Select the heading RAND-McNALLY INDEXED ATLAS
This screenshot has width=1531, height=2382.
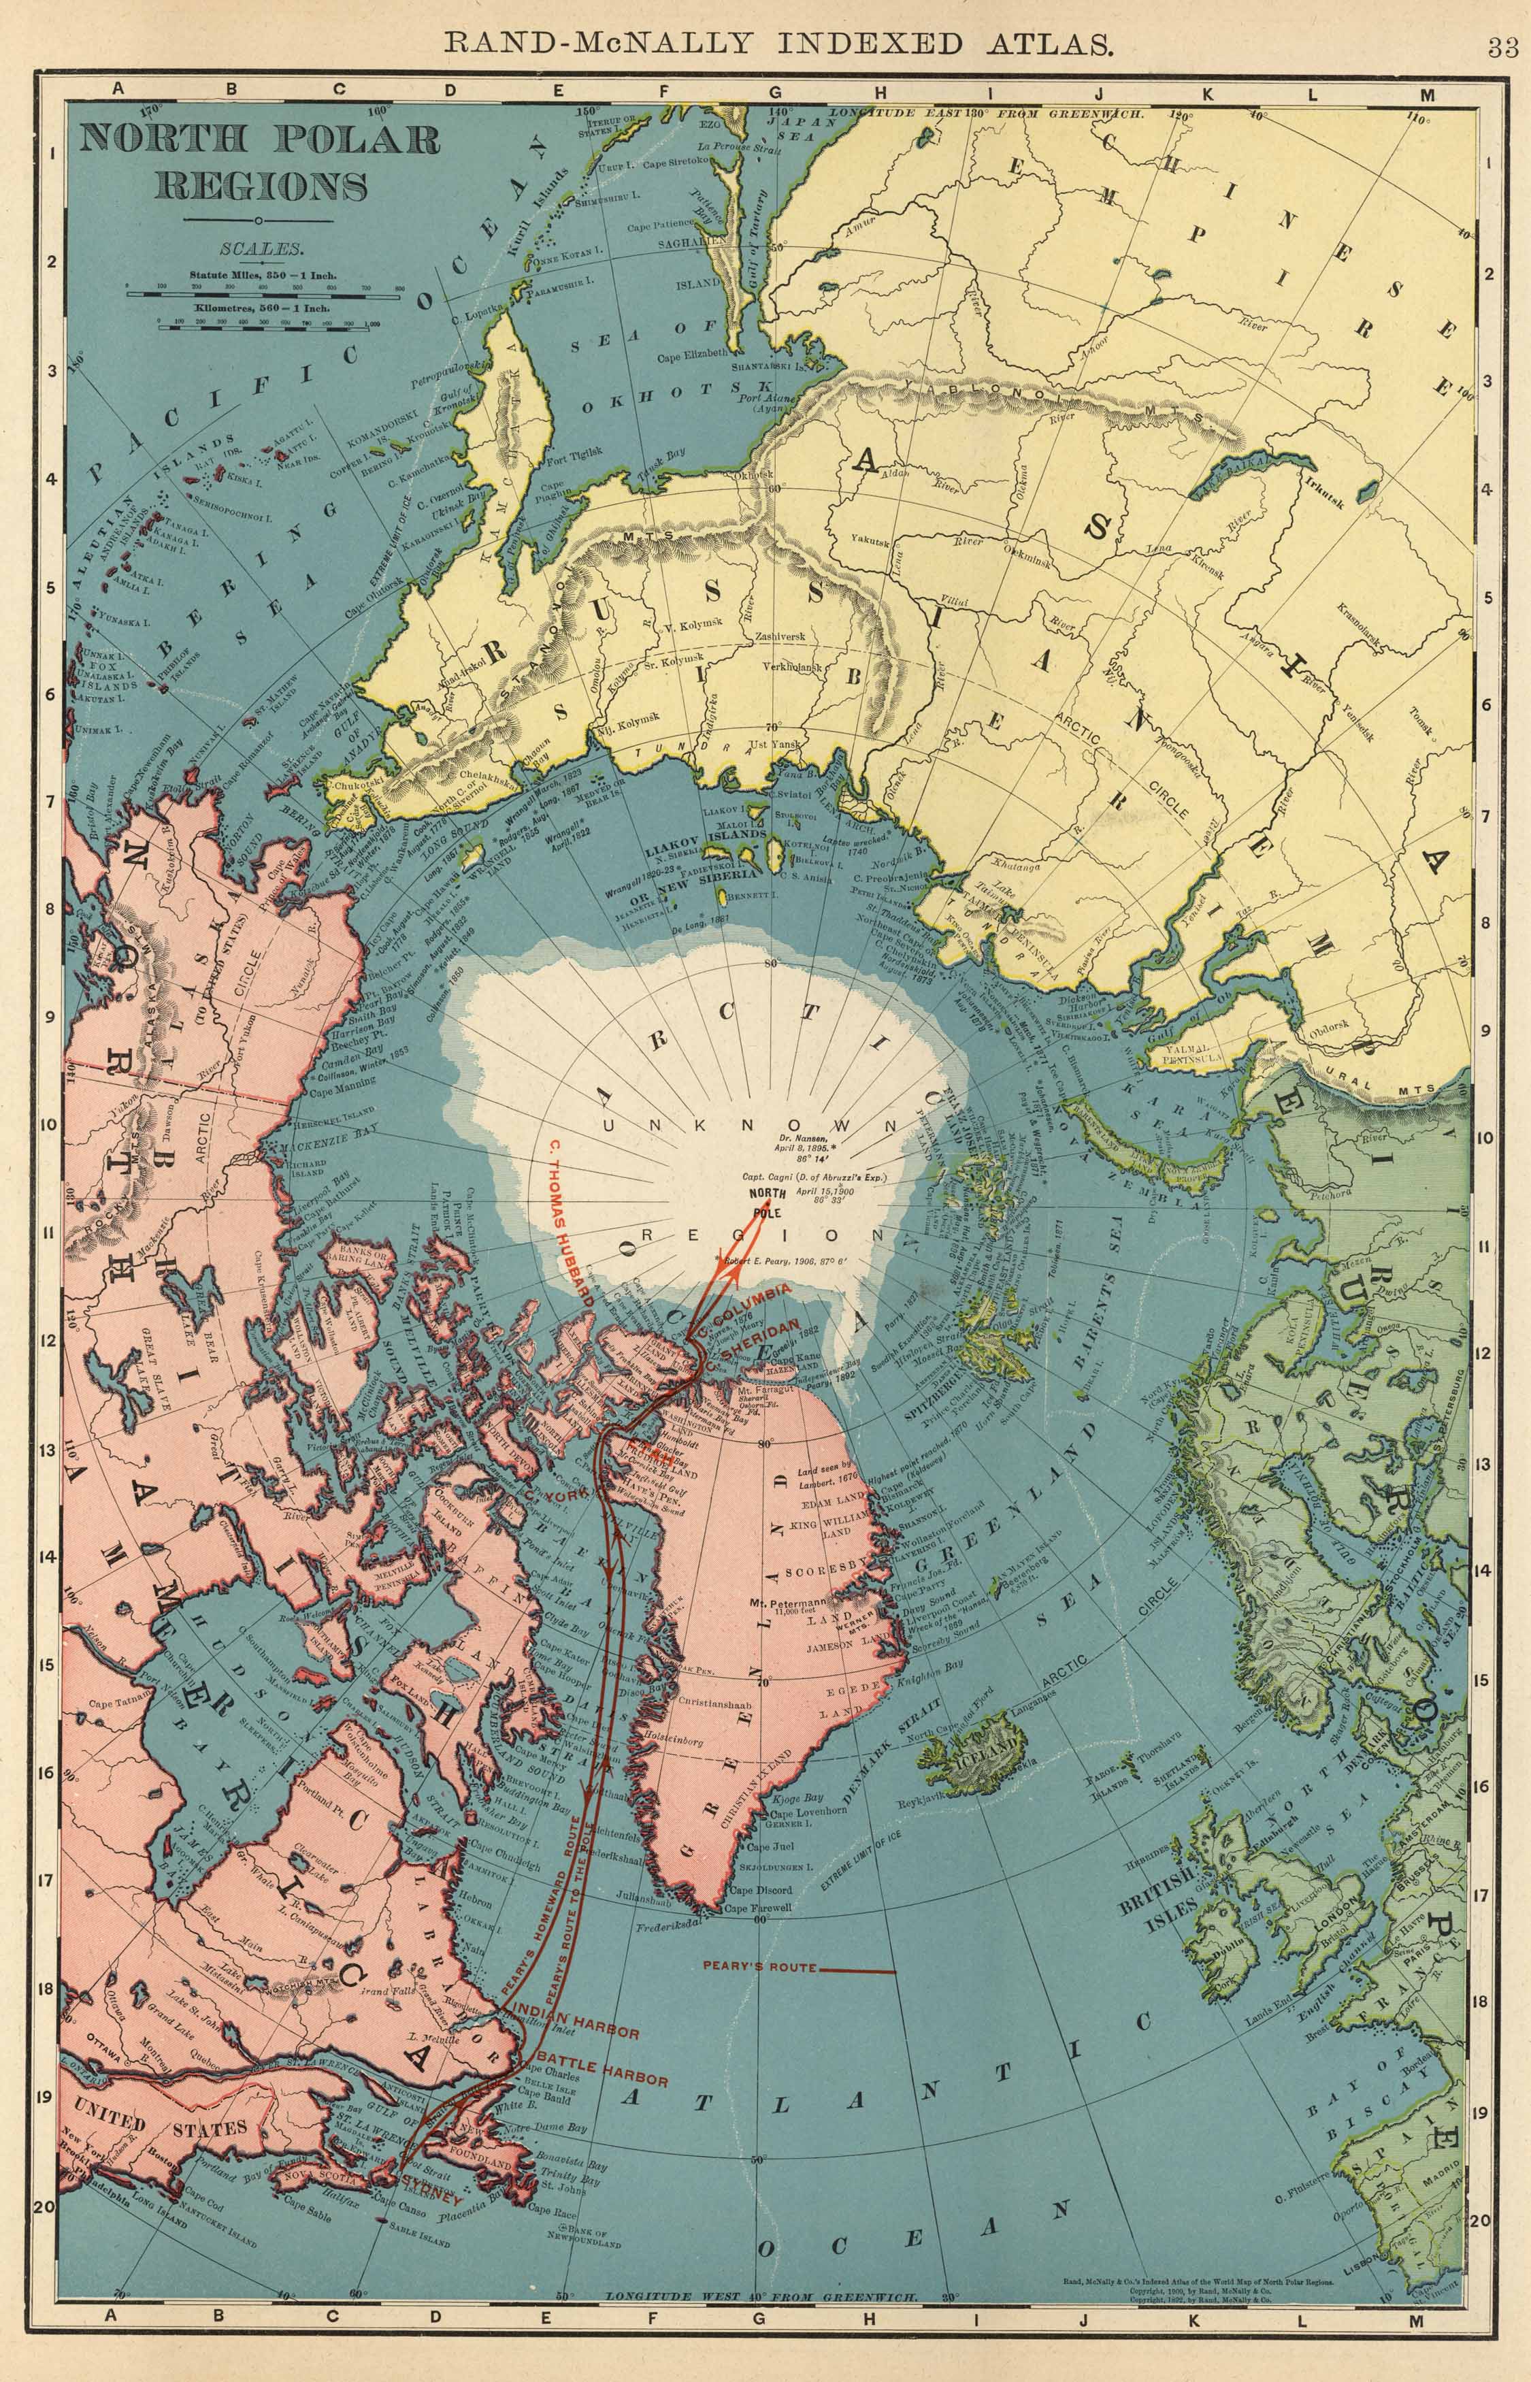click(x=776, y=43)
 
